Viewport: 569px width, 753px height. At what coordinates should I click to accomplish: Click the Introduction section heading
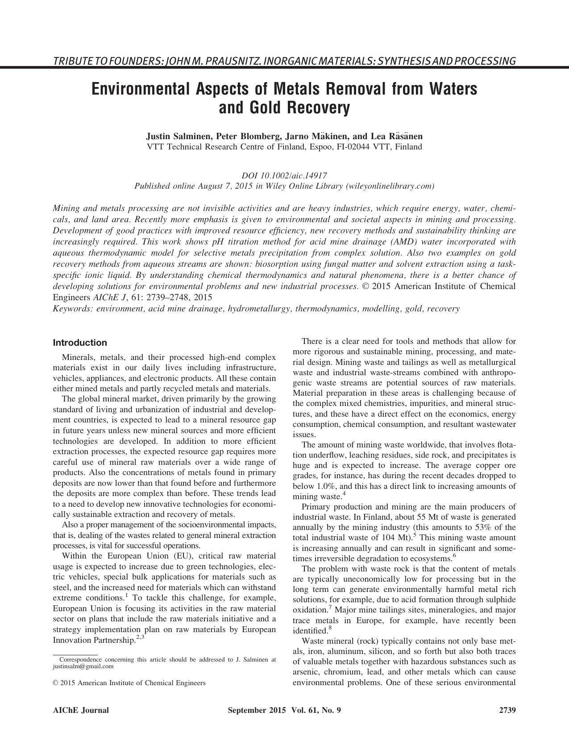coord(80,343)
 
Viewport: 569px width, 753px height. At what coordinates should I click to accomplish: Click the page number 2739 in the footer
coord(507,710)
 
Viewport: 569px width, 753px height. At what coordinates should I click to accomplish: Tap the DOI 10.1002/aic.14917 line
coord(284,175)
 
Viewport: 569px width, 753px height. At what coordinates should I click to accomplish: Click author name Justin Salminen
coord(177,136)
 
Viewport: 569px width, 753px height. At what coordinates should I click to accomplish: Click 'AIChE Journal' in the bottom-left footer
coord(81,710)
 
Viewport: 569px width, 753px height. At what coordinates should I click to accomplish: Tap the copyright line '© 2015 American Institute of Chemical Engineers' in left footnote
coord(129,683)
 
